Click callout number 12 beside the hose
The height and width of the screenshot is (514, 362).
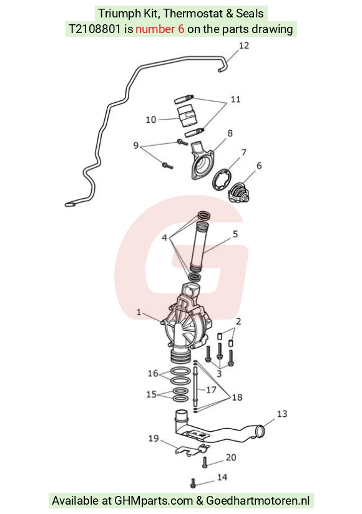(244, 45)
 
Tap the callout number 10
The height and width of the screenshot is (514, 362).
(151, 120)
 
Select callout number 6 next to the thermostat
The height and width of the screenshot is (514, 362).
(259, 166)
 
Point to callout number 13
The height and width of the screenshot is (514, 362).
(282, 414)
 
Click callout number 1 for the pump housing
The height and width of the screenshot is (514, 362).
(139, 312)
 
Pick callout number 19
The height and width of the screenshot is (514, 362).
(154, 438)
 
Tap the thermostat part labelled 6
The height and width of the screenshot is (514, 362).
(239, 193)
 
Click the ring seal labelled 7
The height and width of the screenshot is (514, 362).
(222, 179)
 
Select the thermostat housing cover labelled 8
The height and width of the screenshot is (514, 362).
(203, 160)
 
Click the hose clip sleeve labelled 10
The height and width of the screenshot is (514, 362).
(187, 117)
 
